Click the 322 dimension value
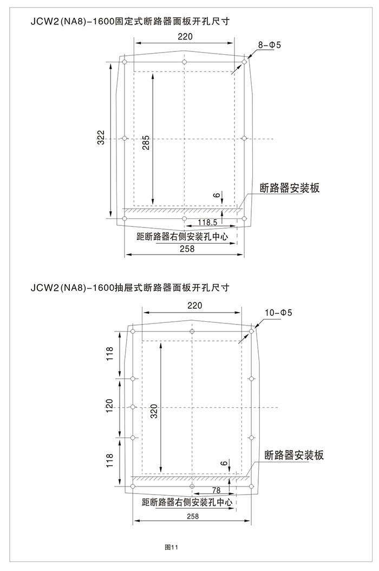point(102,137)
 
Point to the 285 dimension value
point(146,143)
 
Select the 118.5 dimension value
point(207,222)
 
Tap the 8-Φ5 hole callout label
point(270,45)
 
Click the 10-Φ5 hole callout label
point(278,313)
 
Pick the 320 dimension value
point(154,411)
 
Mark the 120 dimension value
point(109,406)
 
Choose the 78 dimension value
point(216,490)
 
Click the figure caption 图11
point(172,547)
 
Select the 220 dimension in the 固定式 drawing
point(185,37)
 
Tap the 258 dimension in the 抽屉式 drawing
point(193,516)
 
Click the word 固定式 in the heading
point(126,21)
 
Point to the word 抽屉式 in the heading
point(126,288)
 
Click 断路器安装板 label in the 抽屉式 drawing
point(294,455)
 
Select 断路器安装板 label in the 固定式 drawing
point(290,188)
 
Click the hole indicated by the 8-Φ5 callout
point(244,62)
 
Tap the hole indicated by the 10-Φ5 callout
point(251,332)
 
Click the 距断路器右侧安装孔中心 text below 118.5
point(182,237)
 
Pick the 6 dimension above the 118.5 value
point(217,196)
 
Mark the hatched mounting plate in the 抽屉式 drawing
point(190,478)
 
